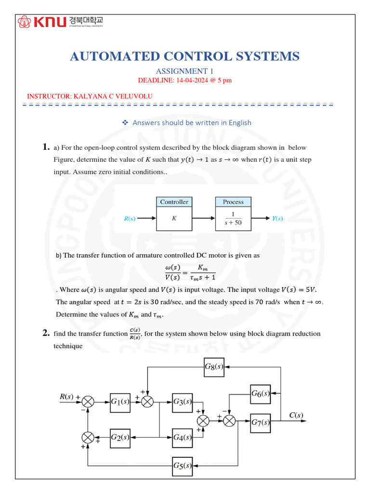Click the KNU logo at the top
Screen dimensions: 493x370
point(60,22)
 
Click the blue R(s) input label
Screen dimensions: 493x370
point(129,219)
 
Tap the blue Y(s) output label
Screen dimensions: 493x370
point(277,219)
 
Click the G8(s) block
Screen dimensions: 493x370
point(213,367)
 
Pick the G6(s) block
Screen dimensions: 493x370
point(260,394)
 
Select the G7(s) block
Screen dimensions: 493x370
point(260,421)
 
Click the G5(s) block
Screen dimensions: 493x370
point(183,466)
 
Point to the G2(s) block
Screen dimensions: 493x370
point(119,437)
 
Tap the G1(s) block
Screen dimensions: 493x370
point(119,402)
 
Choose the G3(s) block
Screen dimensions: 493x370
point(183,402)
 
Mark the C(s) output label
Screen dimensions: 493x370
point(296,415)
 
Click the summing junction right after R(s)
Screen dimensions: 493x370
point(88,402)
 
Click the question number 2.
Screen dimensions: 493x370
point(46,333)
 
